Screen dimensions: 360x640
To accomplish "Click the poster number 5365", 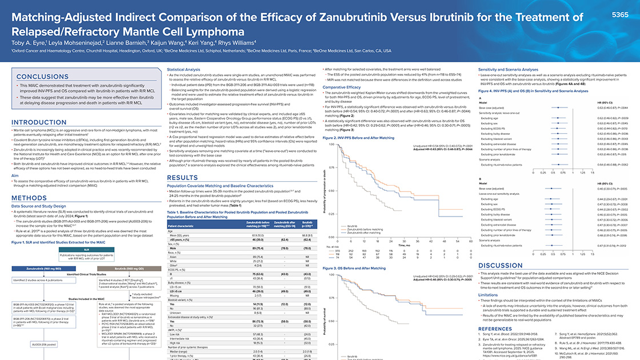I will (x=620, y=14).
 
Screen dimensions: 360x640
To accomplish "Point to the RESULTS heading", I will (x=182, y=178).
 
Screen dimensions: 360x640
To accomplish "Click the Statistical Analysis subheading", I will (x=183, y=69).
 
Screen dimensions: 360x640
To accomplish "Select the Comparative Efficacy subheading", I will (x=342, y=87).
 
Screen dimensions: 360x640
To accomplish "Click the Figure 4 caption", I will (x=524, y=91).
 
